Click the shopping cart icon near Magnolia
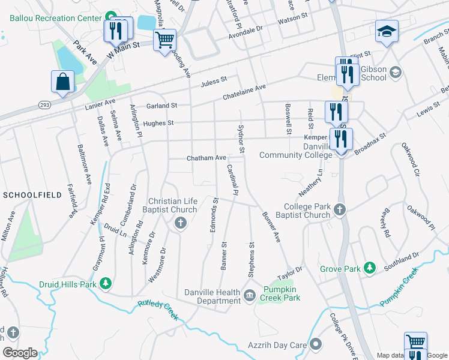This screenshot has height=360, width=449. pos(164,40)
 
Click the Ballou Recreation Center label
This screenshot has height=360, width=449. pos(55,17)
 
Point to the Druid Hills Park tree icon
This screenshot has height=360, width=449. pos(106,282)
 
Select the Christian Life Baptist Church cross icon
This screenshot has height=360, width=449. pos(179,224)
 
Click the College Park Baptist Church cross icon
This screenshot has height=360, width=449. pos(340,209)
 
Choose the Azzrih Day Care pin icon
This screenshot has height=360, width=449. pos(316,344)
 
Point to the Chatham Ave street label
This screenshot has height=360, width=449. pos(206,158)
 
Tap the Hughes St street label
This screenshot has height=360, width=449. pos(158,123)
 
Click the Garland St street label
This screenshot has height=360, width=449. pos(162,105)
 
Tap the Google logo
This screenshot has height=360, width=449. pos(20,353)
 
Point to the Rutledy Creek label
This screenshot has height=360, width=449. pos(158,310)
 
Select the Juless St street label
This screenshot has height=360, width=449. pos(214,80)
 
